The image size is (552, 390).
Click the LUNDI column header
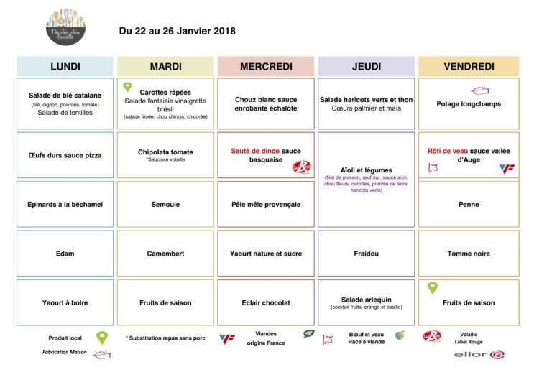(65, 67)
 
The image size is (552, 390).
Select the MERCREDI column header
(266, 67)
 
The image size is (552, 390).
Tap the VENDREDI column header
(469, 67)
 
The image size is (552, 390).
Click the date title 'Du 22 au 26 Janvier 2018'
(177, 31)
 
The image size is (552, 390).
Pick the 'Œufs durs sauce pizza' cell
(65, 155)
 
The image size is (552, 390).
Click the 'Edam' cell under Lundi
(65, 254)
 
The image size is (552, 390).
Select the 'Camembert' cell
(165, 254)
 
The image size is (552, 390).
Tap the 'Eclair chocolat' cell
(266, 302)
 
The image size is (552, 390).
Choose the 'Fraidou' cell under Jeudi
(367, 254)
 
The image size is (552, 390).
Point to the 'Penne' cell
(469, 205)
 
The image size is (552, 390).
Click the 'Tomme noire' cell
(469, 254)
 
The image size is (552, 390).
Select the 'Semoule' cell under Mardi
(165, 205)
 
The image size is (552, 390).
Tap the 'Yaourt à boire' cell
(65, 302)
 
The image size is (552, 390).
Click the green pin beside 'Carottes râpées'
(128, 88)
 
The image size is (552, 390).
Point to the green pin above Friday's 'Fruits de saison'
(433, 288)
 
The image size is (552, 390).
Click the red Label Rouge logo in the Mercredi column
(300, 167)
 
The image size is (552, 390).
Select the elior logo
(479, 354)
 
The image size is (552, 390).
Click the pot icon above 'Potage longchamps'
(479, 90)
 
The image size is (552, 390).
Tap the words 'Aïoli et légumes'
(367, 170)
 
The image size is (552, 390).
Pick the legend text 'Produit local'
(65, 338)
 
